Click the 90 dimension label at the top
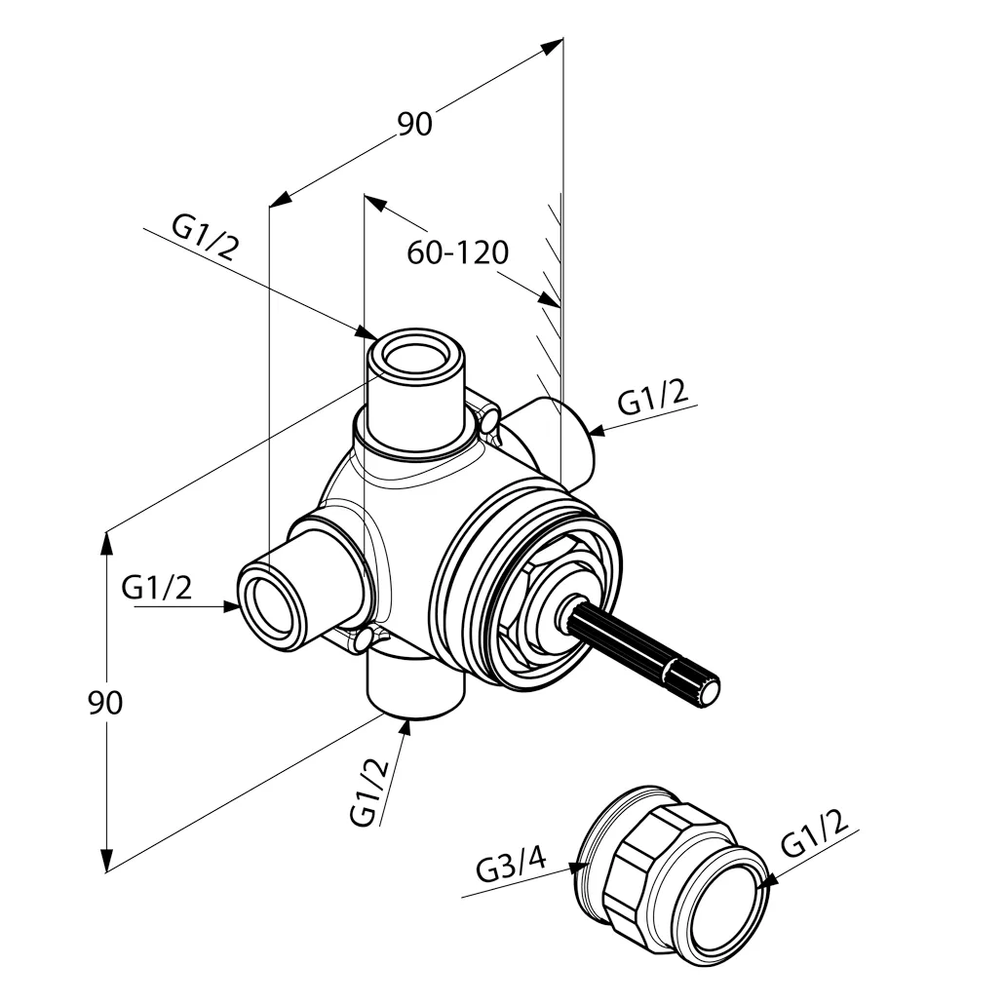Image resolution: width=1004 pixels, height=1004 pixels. (414, 124)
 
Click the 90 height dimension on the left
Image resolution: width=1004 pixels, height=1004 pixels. (105, 702)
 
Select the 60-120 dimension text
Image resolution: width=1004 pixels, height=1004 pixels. (457, 253)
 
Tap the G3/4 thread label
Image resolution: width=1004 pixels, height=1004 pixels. (511, 864)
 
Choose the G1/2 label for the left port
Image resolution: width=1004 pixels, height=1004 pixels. (157, 588)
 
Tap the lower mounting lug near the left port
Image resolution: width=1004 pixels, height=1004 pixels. (365, 640)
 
